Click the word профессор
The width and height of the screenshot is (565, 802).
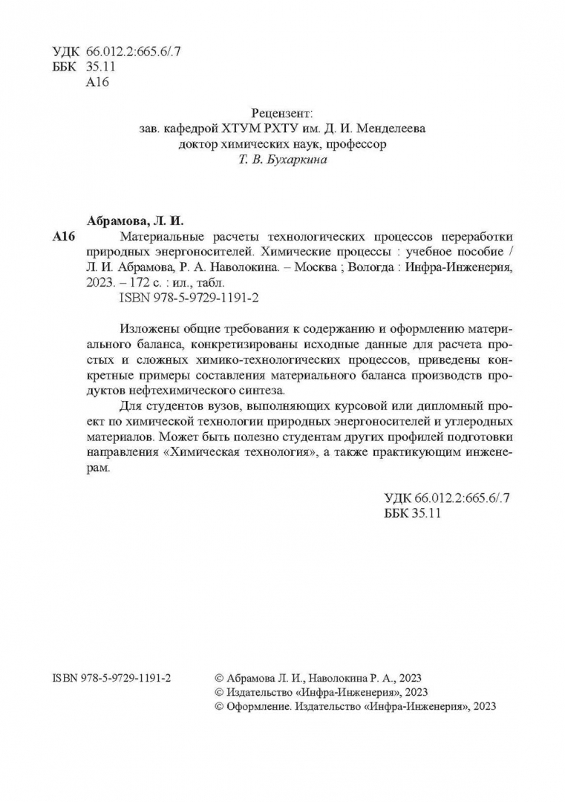point(358,144)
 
